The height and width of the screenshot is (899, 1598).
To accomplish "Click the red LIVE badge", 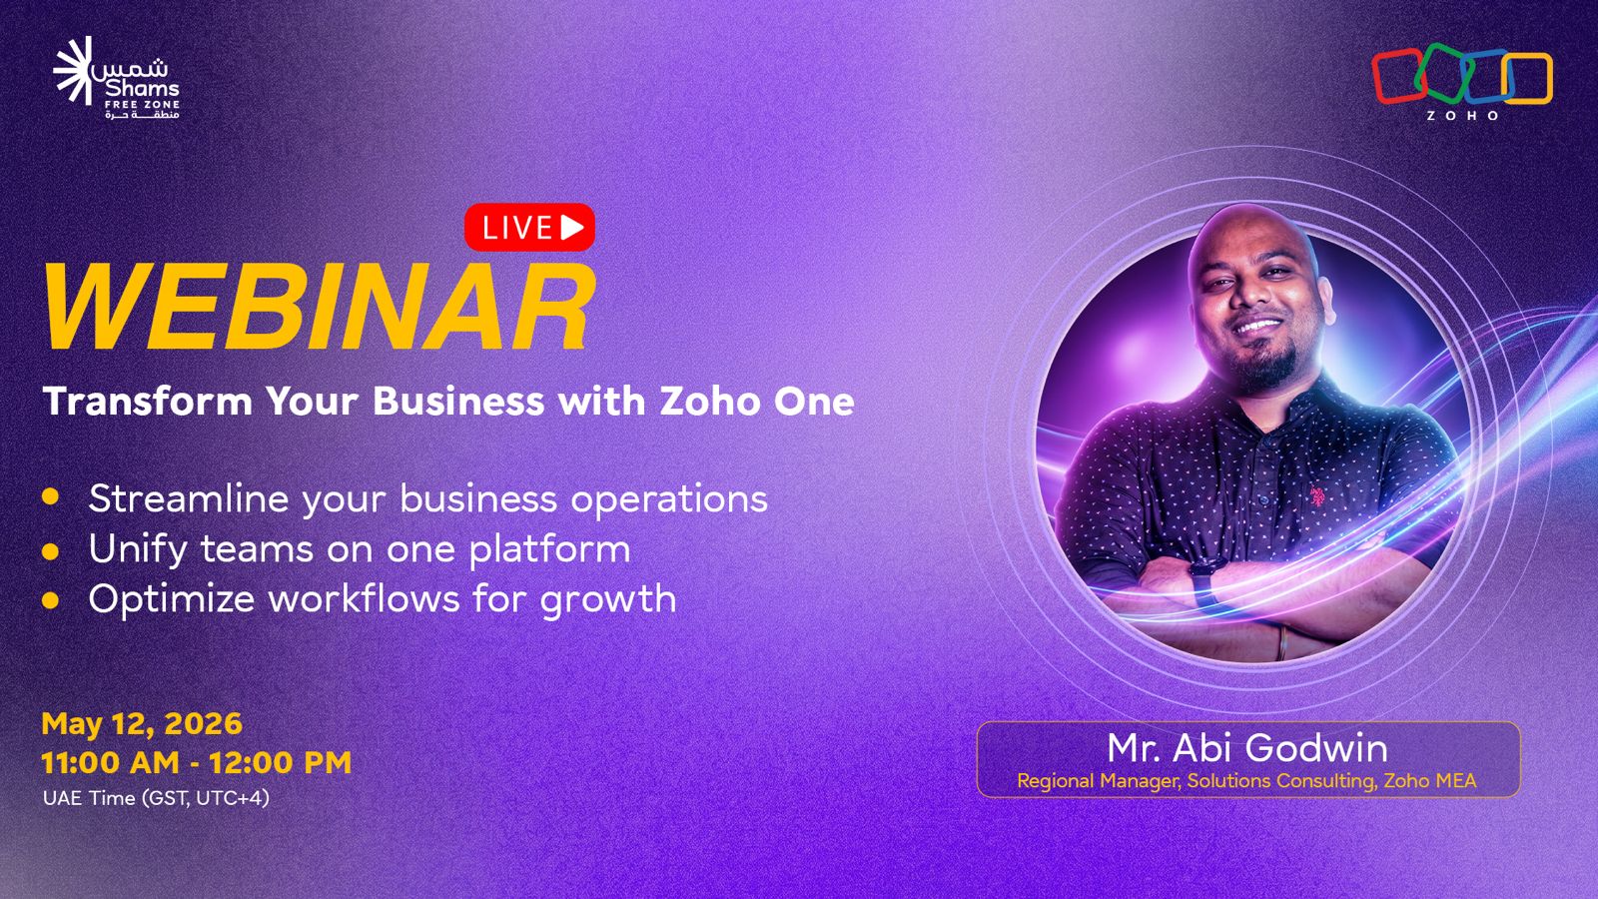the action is click(x=529, y=228).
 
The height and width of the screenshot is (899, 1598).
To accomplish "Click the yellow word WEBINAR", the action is click(x=319, y=307).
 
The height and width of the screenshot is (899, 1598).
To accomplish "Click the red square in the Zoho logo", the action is click(x=1398, y=76).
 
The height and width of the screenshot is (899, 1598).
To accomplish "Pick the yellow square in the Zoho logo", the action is click(x=1527, y=79).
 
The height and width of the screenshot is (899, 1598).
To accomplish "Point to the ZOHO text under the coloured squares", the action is click(x=1462, y=116).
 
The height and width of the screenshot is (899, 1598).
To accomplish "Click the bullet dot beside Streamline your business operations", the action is click(x=50, y=496).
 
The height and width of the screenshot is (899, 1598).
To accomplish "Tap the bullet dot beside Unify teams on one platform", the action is click(x=50, y=550).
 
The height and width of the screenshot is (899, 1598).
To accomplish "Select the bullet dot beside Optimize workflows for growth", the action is click(x=50, y=600).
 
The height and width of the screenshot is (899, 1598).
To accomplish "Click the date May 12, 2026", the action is click(x=142, y=724).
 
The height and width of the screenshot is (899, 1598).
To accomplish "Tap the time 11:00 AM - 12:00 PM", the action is click(x=196, y=763).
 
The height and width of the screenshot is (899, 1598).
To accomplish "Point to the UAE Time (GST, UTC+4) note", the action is click(x=156, y=798).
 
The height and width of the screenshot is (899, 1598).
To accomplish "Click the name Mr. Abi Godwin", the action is click(x=1247, y=748).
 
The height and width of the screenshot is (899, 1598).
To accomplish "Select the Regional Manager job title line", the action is click(x=1247, y=780).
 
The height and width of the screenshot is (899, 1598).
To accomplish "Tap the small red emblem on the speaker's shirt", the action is click(x=1317, y=495).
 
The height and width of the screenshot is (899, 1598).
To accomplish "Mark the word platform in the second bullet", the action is click(x=550, y=550).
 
